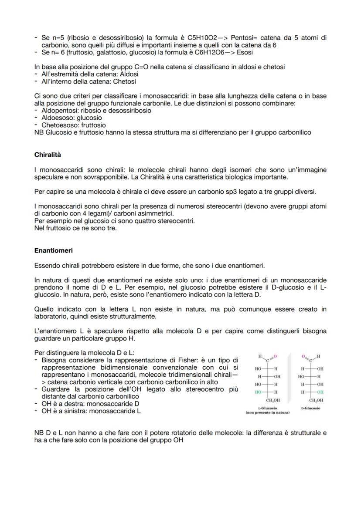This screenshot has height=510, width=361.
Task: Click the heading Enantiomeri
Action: pyautogui.click(x=53, y=250)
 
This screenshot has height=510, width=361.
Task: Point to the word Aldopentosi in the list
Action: pyautogui.click(x=59, y=111)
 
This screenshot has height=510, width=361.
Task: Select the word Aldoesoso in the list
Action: pyautogui.click(x=56, y=118)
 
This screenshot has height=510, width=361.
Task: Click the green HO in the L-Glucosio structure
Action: pyautogui.click(x=258, y=392)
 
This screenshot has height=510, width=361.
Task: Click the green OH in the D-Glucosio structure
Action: pyautogui.click(x=321, y=392)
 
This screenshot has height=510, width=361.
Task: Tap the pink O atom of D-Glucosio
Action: pyautogui.click(x=303, y=357)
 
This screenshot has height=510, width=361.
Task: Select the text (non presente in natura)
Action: pyautogui.click(x=267, y=412)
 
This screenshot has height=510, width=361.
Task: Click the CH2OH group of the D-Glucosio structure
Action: pyautogui.click(x=315, y=400)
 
